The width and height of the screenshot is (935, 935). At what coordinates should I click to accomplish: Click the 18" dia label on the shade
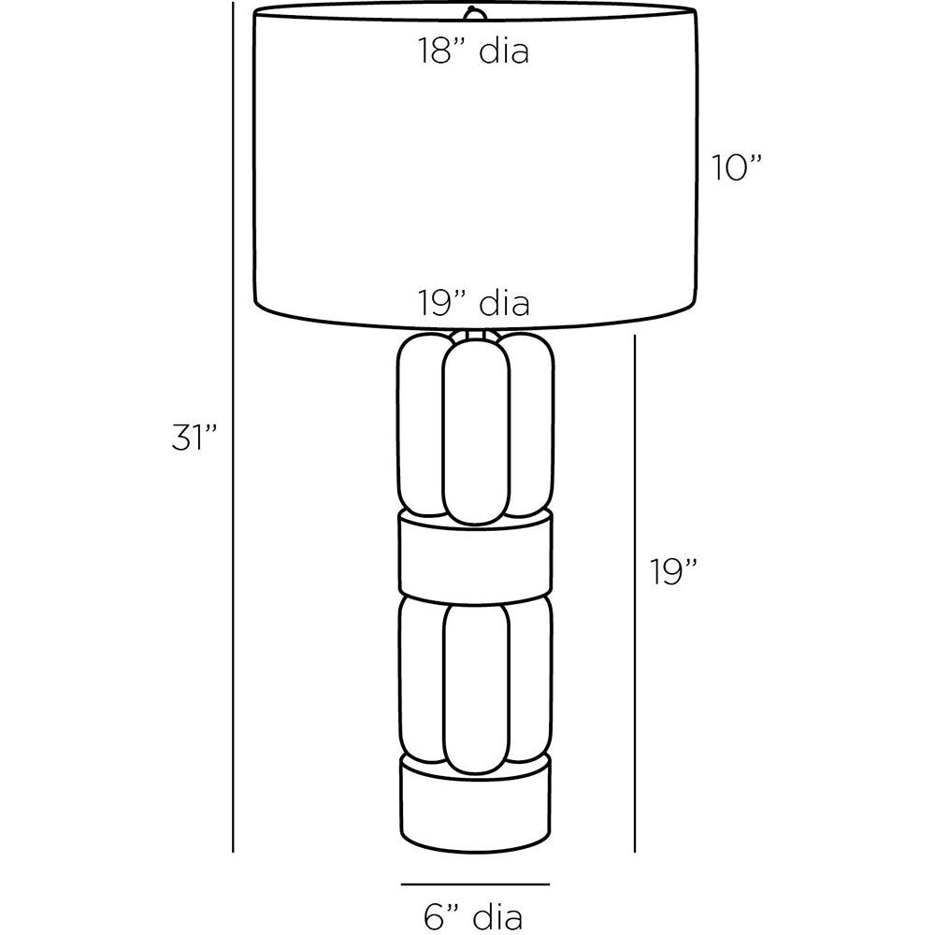[473, 50]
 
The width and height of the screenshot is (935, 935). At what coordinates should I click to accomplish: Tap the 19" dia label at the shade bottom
[473, 303]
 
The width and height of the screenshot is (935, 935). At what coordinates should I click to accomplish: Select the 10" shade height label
[737, 167]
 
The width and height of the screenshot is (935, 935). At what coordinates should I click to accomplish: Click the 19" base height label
[673, 572]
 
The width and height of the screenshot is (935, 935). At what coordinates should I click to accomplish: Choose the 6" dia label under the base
[473, 916]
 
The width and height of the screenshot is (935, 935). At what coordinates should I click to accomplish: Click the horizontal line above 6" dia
[475, 885]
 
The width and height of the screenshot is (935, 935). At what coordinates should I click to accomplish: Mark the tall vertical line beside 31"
[233, 427]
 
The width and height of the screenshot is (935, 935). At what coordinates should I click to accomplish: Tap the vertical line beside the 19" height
[635, 594]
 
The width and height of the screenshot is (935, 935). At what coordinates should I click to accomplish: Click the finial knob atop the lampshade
[473, 12]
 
